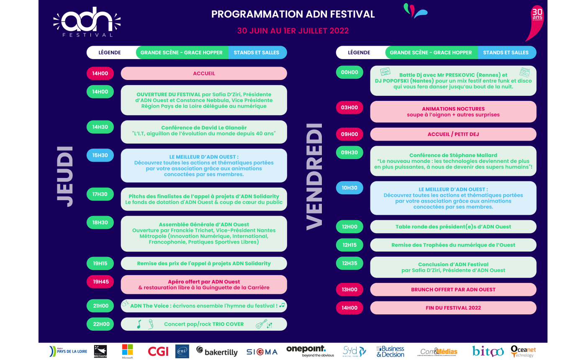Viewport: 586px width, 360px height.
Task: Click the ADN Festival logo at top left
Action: click(87, 22)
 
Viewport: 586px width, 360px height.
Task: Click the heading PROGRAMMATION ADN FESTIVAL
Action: click(293, 14)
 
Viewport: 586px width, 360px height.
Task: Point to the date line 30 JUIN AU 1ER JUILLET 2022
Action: click(293, 31)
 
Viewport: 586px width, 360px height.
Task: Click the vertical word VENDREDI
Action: click(315, 176)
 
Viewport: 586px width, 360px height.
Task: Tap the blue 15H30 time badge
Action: click(100, 155)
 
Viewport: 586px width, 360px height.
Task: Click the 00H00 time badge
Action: click(350, 72)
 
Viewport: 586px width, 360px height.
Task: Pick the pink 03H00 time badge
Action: click(350, 108)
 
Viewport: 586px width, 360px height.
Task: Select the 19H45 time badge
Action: click(100, 282)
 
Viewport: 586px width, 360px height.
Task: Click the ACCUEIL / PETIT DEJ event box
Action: click(453, 134)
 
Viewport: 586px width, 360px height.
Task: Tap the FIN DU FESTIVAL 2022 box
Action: click(453, 308)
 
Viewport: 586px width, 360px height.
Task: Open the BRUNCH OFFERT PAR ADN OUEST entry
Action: click(453, 289)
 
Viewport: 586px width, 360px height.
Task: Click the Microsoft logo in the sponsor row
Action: click(127, 351)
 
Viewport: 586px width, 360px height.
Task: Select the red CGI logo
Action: click(158, 351)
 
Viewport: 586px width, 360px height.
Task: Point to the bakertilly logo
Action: click(217, 351)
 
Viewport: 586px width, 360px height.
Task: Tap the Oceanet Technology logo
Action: click(523, 351)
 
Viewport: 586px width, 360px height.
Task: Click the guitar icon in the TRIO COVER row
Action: click(262, 324)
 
